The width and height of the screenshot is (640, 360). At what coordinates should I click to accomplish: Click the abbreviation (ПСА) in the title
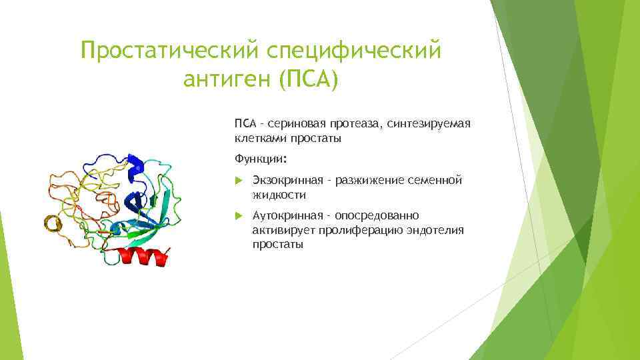(308, 79)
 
